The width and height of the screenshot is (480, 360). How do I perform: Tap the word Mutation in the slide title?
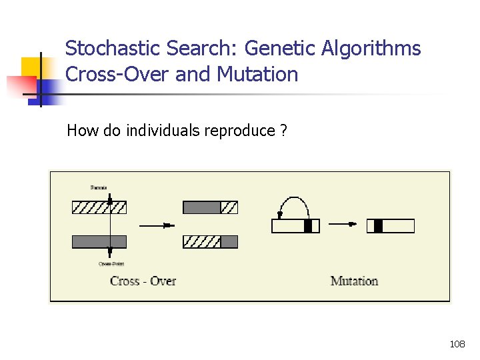click(x=257, y=74)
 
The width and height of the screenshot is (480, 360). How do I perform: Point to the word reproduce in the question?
click(x=239, y=130)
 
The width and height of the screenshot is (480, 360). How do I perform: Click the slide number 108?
click(x=457, y=344)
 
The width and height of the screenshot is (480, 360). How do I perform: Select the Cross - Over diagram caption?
click(x=143, y=281)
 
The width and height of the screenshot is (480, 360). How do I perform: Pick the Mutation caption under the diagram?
click(x=354, y=281)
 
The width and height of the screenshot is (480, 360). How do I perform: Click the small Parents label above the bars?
click(x=99, y=187)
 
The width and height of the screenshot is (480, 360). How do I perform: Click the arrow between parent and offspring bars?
click(x=160, y=226)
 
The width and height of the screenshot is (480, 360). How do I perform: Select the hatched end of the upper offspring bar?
click(x=229, y=207)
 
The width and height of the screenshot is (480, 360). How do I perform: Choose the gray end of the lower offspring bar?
click(x=229, y=241)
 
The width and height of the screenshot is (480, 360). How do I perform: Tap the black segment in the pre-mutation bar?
click(x=307, y=227)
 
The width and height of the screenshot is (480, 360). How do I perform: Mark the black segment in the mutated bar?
click(x=378, y=227)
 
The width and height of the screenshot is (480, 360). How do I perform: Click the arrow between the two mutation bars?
click(x=343, y=224)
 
